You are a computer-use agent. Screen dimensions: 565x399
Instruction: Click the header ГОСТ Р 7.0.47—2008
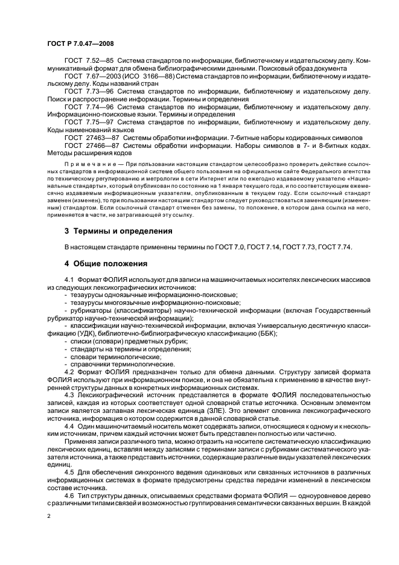click(x=79, y=43)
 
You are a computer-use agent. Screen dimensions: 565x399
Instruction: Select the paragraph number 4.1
click(x=69, y=279)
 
